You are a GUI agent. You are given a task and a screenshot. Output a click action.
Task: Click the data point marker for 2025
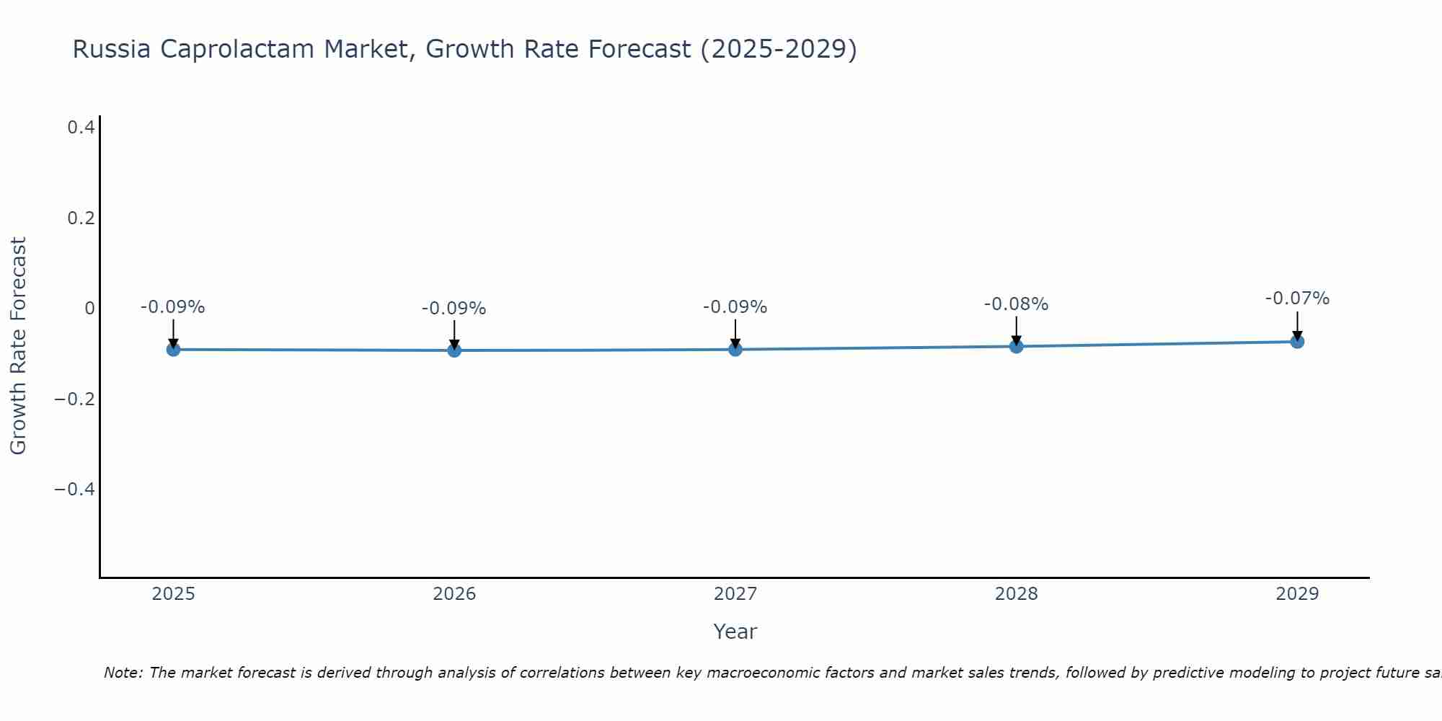click(x=173, y=349)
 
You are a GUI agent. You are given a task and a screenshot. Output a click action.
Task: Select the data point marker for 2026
click(x=454, y=350)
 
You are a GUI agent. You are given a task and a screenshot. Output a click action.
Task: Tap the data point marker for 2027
click(x=735, y=350)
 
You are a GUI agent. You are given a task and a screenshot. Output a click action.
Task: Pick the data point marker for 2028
click(x=1016, y=346)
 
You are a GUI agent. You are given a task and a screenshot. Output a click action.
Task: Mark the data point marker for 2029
click(x=1297, y=341)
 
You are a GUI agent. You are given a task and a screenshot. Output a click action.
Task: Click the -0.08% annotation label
click(x=1016, y=304)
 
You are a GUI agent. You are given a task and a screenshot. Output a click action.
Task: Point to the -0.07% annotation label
click(x=1297, y=298)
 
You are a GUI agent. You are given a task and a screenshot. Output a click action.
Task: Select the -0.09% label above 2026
click(x=454, y=309)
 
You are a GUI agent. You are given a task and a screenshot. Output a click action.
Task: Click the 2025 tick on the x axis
click(x=173, y=594)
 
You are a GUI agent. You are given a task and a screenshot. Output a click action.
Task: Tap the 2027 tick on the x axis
click(x=735, y=594)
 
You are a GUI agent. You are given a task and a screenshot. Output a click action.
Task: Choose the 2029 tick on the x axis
click(x=1297, y=594)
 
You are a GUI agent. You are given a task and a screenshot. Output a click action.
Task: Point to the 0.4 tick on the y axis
click(x=81, y=128)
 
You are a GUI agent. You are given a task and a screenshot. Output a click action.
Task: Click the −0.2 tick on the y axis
click(x=75, y=399)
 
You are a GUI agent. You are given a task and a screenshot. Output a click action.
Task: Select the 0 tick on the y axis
click(x=89, y=309)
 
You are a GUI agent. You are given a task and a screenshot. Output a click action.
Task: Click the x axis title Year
click(x=735, y=632)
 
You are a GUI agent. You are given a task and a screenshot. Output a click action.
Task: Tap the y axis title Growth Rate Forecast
click(x=18, y=345)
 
